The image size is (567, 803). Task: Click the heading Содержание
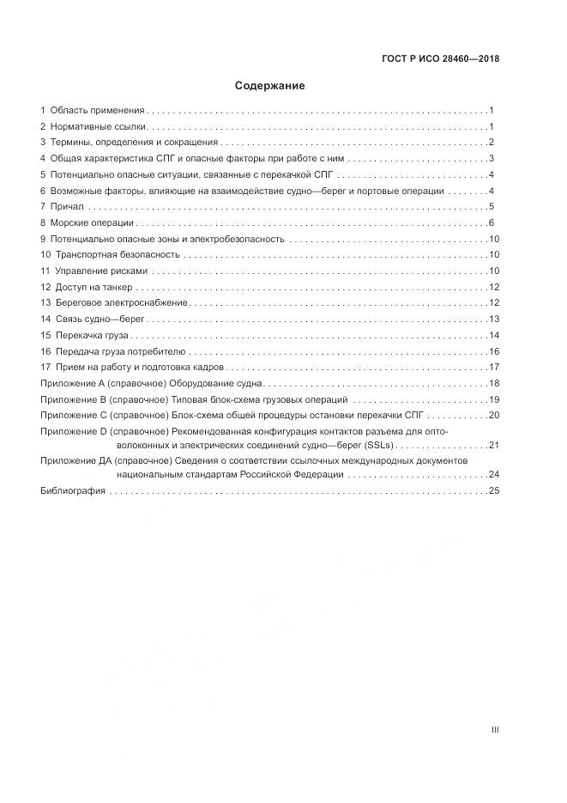(x=270, y=86)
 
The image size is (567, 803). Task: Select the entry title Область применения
(x=97, y=111)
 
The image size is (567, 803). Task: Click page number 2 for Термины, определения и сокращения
(x=491, y=143)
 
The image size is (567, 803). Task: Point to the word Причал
(x=67, y=207)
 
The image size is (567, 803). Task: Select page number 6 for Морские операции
(x=491, y=222)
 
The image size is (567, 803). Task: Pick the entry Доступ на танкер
(x=93, y=287)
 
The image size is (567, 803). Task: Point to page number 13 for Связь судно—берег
(x=493, y=319)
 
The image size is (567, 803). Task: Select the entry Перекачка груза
(x=92, y=335)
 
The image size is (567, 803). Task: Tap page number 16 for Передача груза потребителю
(x=493, y=351)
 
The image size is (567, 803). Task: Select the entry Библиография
(x=73, y=490)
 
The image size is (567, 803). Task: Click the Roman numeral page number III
(x=494, y=730)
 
